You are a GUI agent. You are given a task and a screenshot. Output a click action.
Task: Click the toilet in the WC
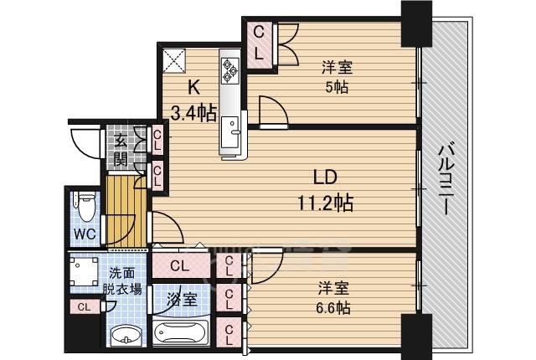(x=85, y=206)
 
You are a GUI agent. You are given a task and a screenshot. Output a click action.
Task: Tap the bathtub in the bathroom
(x=179, y=332)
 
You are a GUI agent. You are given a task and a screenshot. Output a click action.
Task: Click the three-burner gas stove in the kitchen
(x=229, y=70)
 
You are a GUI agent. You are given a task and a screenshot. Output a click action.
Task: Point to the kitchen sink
(x=229, y=131)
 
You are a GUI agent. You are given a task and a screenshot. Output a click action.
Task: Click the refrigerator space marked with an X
(x=173, y=61)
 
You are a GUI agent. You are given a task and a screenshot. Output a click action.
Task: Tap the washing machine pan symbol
(x=84, y=271)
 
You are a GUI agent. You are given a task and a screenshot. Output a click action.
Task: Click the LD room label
(x=325, y=177)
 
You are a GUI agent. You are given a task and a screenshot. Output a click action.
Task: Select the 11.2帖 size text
(x=326, y=203)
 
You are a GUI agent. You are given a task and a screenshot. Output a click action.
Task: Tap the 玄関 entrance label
(x=121, y=150)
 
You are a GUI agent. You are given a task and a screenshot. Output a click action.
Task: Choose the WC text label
(x=85, y=234)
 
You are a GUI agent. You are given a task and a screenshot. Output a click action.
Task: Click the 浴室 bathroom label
(x=182, y=300)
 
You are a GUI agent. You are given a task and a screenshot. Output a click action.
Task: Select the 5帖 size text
(x=337, y=87)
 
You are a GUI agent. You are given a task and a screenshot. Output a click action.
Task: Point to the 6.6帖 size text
(x=333, y=308)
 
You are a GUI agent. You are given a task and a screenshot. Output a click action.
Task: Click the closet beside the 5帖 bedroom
(x=259, y=45)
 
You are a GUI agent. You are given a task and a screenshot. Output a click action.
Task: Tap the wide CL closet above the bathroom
(x=181, y=265)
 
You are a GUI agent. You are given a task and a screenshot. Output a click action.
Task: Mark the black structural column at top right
(x=416, y=23)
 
